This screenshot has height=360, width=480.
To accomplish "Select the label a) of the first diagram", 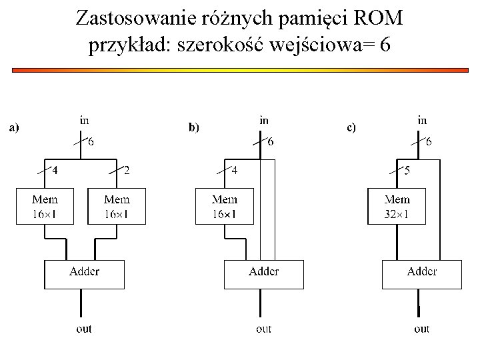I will [13, 127].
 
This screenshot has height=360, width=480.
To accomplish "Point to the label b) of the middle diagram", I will [194, 127].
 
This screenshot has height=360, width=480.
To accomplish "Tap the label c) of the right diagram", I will [351, 127].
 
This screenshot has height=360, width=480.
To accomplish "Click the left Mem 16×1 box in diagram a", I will [45, 206].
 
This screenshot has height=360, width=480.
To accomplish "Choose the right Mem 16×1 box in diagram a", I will [117, 206].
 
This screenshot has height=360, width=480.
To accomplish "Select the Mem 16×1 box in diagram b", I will [224, 206].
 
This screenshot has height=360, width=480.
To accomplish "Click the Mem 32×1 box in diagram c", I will [397, 206].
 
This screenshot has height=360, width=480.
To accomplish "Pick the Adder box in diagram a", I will [84, 274].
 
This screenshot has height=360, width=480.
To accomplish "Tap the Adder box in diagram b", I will [263, 274].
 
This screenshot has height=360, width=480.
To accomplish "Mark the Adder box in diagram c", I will [421, 274].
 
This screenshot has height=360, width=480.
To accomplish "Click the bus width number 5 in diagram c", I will [407, 171].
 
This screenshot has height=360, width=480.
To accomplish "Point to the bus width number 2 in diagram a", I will [127, 171].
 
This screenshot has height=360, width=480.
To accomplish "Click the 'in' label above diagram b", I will [264, 121].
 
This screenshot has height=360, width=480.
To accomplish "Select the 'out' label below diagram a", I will [84, 329].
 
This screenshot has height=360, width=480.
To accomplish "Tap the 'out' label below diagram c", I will [421, 329].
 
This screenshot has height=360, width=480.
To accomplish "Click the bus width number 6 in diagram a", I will [91, 141].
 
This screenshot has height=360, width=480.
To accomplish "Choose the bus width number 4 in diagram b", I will [234, 171].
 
